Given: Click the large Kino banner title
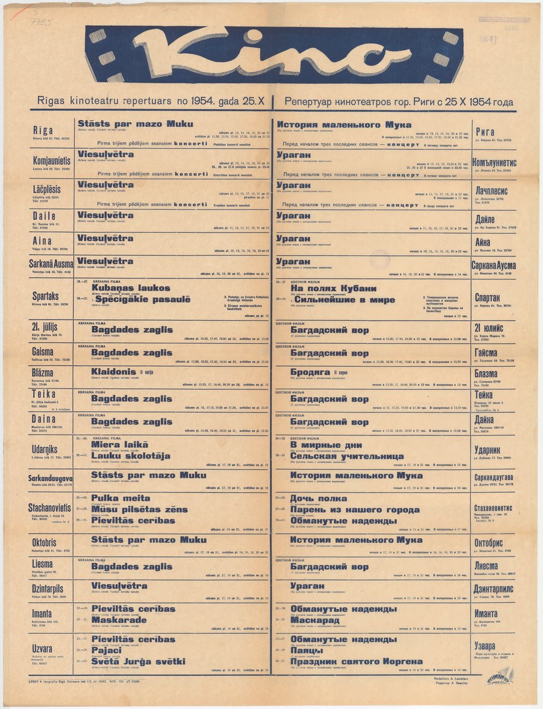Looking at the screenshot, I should click(x=272, y=54).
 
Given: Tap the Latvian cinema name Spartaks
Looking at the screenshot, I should click(x=45, y=296).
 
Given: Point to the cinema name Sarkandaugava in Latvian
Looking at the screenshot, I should click(x=51, y=478).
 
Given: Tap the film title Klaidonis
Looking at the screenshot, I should click(x=113, y=372).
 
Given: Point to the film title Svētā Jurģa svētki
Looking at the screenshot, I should click(x=138, y=661).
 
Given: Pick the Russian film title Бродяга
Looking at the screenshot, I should click(x=311, y=372).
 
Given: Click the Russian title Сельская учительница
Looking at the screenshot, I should click(x=347, y=456).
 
